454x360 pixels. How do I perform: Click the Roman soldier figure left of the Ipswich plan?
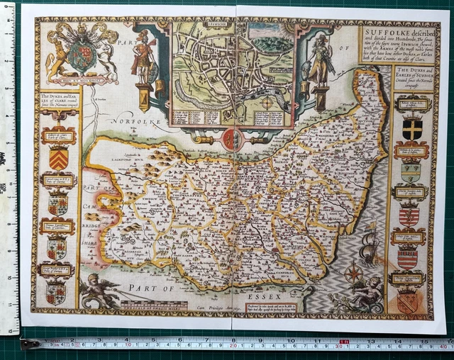[x=144, y=62]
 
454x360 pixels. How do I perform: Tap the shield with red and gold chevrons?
[x=60, y=158]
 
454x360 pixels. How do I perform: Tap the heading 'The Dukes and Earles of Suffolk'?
[x=411, y=77]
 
